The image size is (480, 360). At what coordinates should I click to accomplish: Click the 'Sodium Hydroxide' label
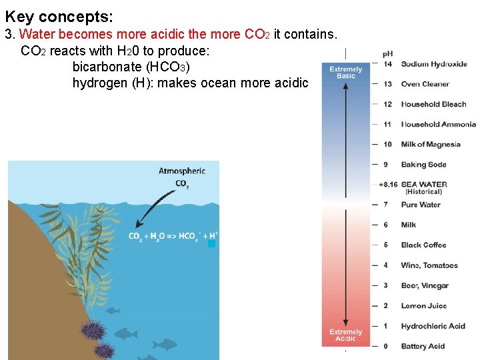pos(433,64)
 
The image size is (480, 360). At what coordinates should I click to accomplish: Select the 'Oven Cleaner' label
pos(425,84)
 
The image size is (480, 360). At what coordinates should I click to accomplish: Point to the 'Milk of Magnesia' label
pos(430,144)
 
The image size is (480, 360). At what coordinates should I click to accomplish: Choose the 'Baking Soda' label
pos(423,165)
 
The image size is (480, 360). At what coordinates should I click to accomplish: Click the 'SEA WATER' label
pos(424,185)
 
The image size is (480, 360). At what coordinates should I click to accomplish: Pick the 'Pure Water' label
pos(421,205)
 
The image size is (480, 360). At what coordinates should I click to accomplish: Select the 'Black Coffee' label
pos(423,245)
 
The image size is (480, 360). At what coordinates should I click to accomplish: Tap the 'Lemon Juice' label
pos(423,306)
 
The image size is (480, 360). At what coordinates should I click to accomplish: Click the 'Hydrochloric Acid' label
pos(433,326)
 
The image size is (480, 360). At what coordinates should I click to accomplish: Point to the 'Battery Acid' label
pos(423,346)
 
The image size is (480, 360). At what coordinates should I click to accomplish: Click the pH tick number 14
pos(387,64)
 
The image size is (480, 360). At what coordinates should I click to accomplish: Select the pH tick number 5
pos(385,245)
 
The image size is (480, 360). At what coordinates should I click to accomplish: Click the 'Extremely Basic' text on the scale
pos(346,73)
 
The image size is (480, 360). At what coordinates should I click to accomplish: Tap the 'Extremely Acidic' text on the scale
pos(345,335)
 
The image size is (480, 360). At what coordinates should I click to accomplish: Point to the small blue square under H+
pos(212,244)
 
